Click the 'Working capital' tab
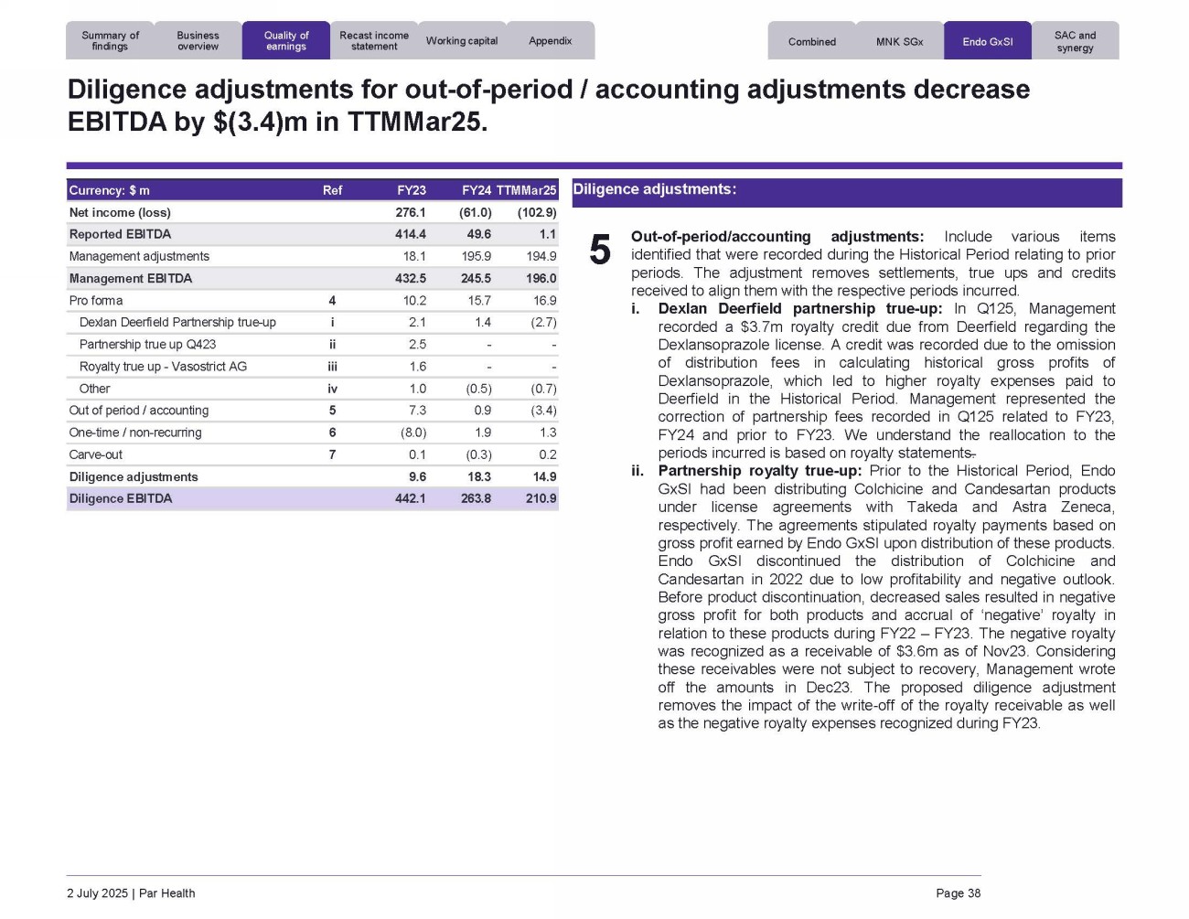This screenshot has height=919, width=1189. [x=462, y=41]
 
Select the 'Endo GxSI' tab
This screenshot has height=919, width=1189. [x=987, y=42]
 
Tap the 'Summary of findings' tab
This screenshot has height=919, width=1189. [x=110, y=41]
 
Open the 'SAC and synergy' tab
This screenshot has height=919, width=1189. [x=1075, y=42]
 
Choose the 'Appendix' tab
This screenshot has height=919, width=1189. [x=550, y=41]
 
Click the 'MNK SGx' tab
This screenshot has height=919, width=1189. [x=899, y=42]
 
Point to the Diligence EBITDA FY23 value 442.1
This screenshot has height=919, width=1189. [x=411, y=498]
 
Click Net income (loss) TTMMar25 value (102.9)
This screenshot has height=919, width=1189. [x=537, y=212]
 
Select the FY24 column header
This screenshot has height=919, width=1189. [x=477, y=190]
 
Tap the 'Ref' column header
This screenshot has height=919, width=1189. [x=332, y=190]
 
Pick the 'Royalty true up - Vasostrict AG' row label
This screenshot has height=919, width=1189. [x=163, y=367]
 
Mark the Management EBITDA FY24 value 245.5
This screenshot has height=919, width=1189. [x=477, y=278]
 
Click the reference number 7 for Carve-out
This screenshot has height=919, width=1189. [x=332, y=454]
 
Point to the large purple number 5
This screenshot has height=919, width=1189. [x=600, y=250]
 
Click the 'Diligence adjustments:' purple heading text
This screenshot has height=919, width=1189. [x=654, y=189]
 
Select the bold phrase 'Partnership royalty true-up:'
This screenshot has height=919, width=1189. [x=759, y=471]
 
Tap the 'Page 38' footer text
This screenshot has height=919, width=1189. [x=958, y=893]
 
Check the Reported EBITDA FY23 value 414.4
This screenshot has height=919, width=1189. [x=411, y=234]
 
